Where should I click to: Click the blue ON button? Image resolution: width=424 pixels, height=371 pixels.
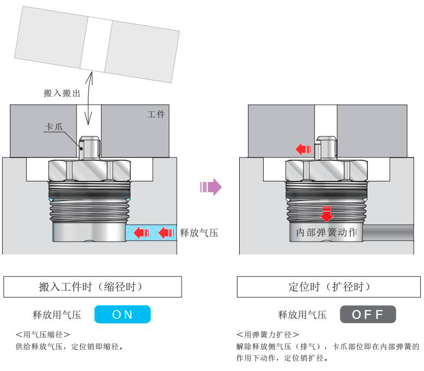pos(122,315)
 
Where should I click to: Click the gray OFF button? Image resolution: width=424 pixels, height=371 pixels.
pos(367,315)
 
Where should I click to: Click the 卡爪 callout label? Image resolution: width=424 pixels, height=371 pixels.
pos(53,129)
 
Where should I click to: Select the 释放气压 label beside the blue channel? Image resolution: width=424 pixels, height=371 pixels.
pos(199,234)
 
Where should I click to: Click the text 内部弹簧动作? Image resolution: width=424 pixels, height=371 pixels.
pos(326,233)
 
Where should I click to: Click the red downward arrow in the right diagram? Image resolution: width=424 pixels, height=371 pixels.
pos(326,213)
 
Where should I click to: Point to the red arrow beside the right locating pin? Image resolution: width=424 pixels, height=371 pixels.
pos(303,149)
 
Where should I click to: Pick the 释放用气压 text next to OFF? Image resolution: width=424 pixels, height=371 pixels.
pos(302,315)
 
